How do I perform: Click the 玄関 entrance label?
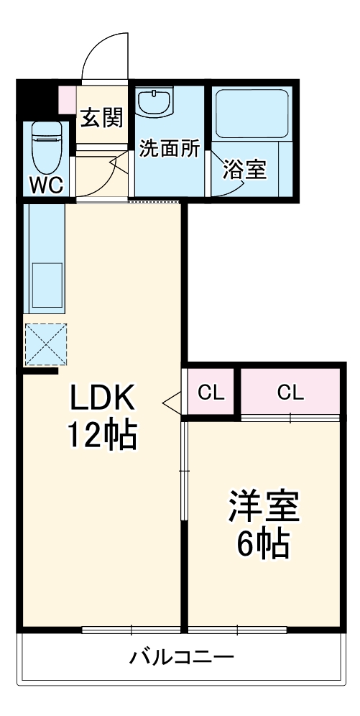[101, 117]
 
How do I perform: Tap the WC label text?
[46, 185]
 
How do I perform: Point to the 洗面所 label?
[170, 150]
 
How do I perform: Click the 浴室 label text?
[244, 170]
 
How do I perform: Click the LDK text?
[102, 398]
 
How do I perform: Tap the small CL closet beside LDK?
[211, 393]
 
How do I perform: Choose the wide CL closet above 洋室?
[290, 393]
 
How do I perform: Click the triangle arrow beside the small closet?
[173, 403]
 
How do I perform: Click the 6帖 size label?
[264, 545]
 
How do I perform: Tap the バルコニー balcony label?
[182, 657]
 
